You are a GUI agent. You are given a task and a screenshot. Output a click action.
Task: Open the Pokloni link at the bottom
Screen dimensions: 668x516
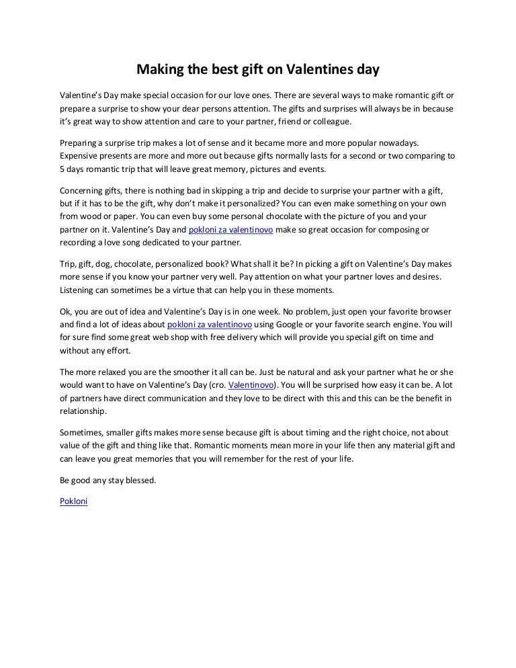pos(74,501)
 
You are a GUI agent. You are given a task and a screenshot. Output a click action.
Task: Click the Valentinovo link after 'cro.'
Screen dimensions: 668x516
pos(251,386)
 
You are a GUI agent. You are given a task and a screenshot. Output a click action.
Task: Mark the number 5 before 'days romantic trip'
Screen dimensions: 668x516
pos(62,169)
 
